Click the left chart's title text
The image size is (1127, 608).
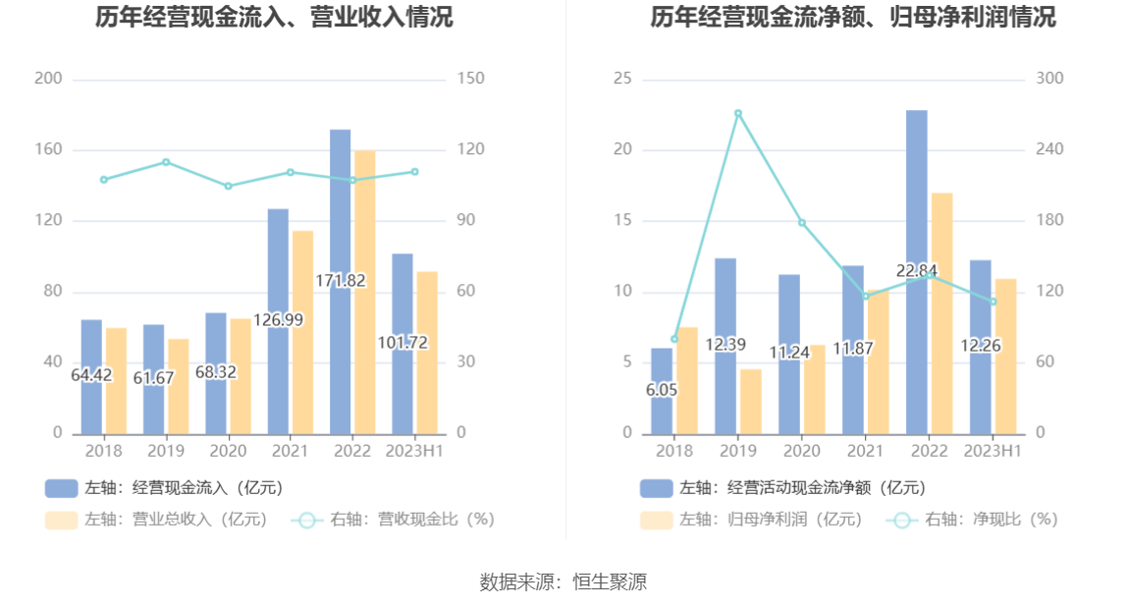pos(274,17)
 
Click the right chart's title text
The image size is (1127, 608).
pos(852,17)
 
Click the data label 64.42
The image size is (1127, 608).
pos(91,375)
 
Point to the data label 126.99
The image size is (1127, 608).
pos(278,320)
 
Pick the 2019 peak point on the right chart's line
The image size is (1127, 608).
pos(738,113)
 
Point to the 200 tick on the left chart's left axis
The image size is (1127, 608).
pos(48,79)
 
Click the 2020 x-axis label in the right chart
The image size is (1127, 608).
pos(801,451)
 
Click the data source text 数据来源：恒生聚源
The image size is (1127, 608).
pos(563,581)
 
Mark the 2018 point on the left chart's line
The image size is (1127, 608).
pos(104,180)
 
